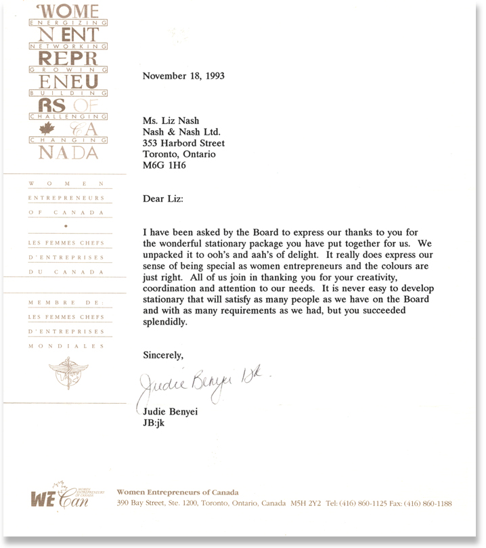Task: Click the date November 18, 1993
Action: point(183,77)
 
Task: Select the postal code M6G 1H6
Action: point(163,166)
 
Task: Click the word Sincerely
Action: point(163,355)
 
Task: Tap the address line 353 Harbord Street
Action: point(183,144)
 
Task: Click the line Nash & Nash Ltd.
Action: point(177,132)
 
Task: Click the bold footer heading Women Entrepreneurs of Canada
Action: point(177,492)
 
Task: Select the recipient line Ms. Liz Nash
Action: point(171,121)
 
